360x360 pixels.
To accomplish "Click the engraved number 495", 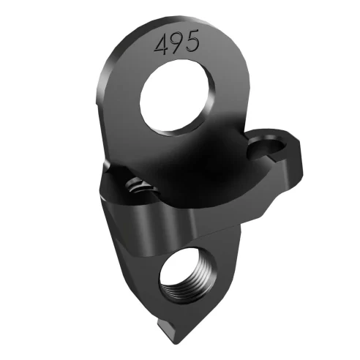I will click(x=176, y=44).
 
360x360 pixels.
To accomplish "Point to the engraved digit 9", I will click(x=176, y=44).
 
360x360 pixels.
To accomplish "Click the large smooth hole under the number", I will click(x=179, y=96).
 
